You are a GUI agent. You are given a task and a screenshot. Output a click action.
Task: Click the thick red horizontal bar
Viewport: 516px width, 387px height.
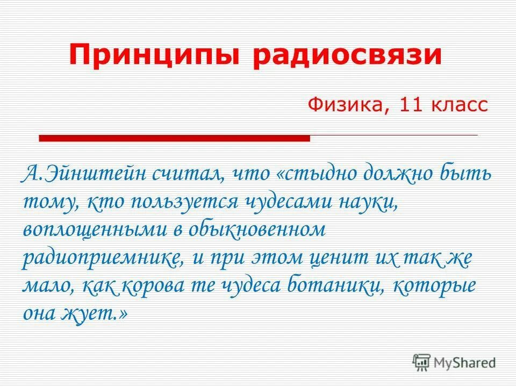(175, 139)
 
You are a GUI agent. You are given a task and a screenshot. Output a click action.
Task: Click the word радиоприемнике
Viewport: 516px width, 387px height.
(101, 257)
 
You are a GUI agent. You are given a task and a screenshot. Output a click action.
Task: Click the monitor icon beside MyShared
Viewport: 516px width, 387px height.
(422, 362)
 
